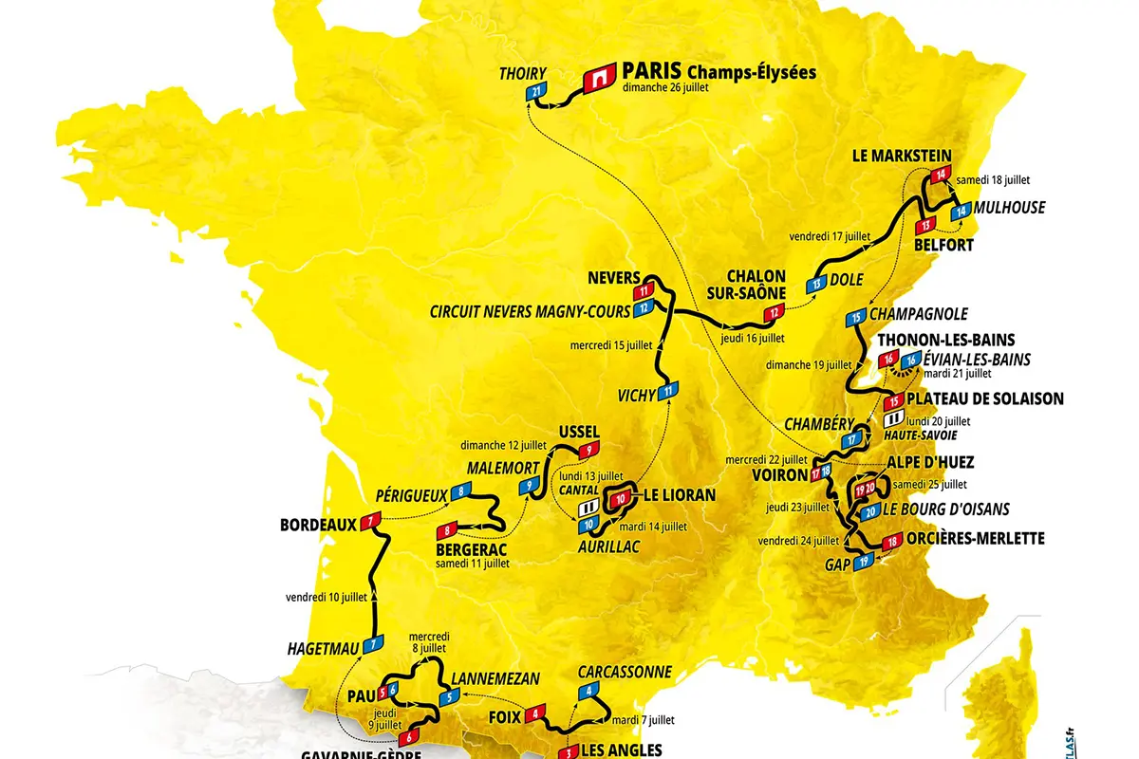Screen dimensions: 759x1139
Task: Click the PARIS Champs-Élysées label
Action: point(718,72)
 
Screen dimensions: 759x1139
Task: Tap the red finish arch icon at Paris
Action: point(598,77)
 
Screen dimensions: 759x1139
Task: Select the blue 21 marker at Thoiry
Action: point(537,91)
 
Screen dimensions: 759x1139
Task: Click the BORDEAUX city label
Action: point(317,524)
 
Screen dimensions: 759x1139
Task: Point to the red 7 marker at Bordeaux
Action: point(370,519)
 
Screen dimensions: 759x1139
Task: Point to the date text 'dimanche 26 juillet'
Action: point(666,88)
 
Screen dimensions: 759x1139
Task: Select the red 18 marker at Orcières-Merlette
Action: point(890,543)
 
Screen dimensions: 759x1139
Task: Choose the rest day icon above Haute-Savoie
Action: point(893,418)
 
